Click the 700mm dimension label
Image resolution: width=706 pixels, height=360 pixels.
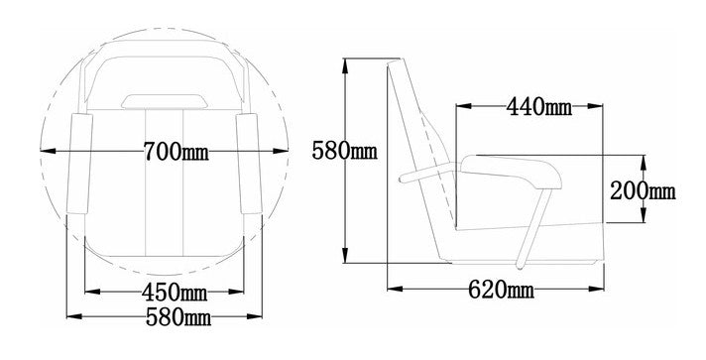pyautogui.click(x=176, y=152)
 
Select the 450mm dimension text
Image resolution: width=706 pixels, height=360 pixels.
pyautogui.click(x=175, y=293)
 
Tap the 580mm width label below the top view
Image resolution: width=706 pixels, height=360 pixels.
pyautogui.click(x=178, y=317)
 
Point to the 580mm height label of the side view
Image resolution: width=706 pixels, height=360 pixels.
pyautogui.click(x=344, y=151)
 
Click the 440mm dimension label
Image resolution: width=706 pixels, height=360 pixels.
pyautogui.click(x=539, y=107)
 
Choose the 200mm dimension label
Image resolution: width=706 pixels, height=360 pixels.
pyautogui.click(x=643, y=191)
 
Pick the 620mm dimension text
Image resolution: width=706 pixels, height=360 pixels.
pyautogui.click(x=501, y=290)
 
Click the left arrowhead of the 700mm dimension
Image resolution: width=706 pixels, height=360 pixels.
pyautogui.click(x=48, y=151)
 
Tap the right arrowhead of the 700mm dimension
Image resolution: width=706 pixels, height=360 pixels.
pyautogui.click(x=280, y=151)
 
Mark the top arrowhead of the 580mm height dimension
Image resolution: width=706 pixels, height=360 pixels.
pyautogui.click(x=345, y=65)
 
